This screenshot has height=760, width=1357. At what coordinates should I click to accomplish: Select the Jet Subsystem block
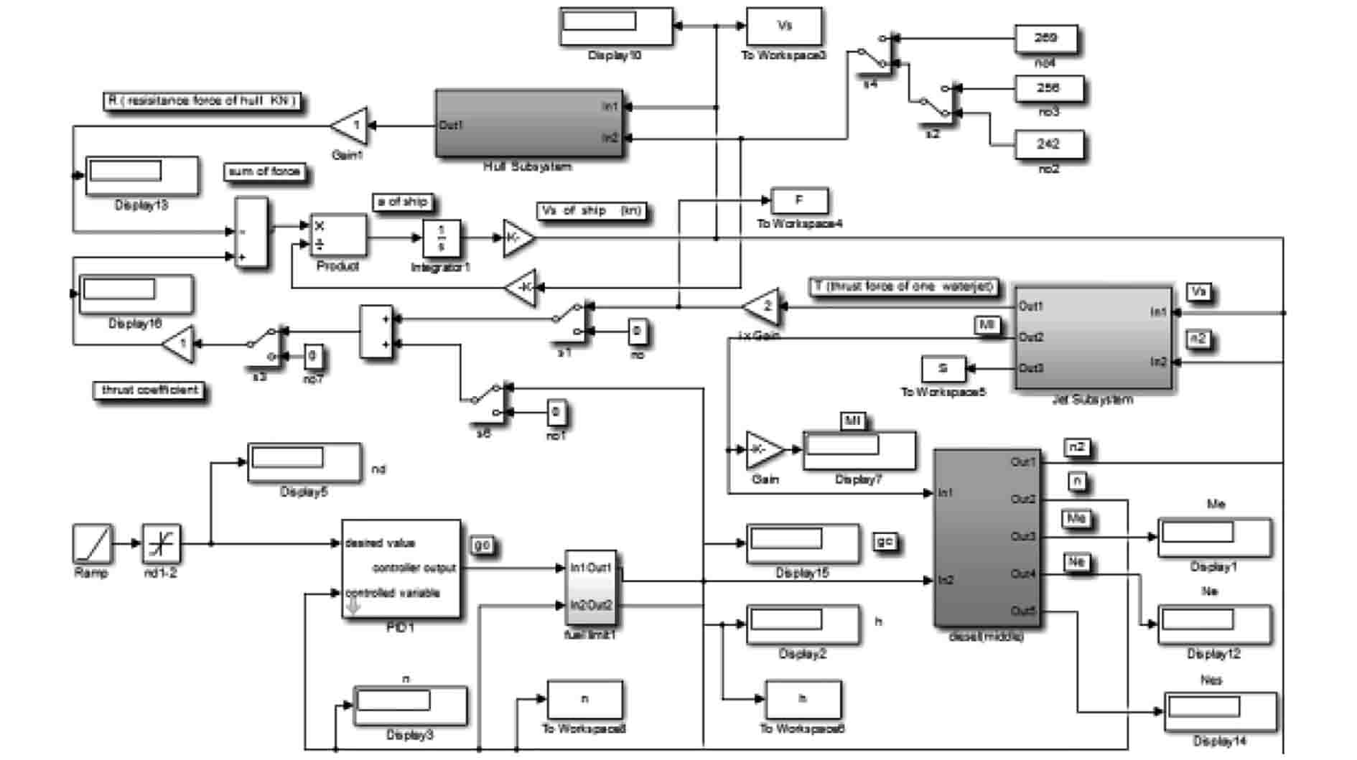pyautogui.click(x=1093, y=338)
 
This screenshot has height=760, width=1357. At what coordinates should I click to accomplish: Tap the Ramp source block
pyautogui.click(x=93, y=543)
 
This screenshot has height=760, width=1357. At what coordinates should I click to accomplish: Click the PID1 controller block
pyautogui.click(x=401, y=568)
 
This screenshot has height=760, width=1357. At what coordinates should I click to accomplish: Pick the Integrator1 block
pyautogui.click(x=441, y=238)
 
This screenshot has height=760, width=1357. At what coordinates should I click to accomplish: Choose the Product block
pyautogui.click(x=337, y=235)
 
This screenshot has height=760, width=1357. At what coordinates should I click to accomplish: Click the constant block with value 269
pyautogui.click(x=1045, y=39)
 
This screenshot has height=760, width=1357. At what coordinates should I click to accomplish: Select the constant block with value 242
pyautogui.click(x=1048, y=144)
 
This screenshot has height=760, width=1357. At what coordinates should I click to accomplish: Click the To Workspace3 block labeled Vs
pyautogui.click(x=784, y=27)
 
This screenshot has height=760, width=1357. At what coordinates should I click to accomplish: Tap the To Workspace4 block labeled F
pyautogui.click(x=799, y=201)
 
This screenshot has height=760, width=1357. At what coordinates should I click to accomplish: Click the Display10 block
pyautogui.click(x=616, y=27)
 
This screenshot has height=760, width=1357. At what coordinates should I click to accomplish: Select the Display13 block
pyautogui.click(x=141, y=175)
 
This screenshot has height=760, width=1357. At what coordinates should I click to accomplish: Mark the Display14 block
pyautogui.click(x=1220, y=711)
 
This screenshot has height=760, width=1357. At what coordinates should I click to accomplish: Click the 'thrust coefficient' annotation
pyautogui.click(x=149, y=390)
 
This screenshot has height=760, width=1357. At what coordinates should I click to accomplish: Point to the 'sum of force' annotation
pyautogui.click(x=265, y=172)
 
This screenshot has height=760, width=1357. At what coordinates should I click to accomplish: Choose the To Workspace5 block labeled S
pyautogui.click(x=943, y=369)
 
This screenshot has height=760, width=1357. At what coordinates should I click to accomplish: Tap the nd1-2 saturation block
pyautogui.click(x=161, y=543)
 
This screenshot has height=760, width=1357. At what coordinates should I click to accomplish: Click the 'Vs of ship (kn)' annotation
pyautogui.click(x=592, y=211)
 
